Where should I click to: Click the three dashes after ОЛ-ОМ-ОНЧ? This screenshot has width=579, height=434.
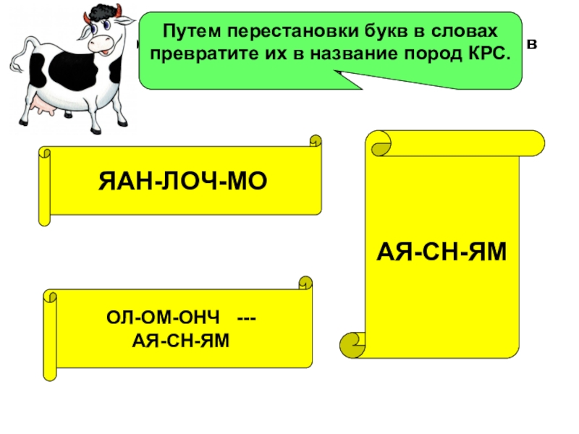pyautogui.click(x=247, y=319)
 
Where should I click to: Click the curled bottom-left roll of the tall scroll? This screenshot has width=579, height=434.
pyautogui.click(x=355, y=341)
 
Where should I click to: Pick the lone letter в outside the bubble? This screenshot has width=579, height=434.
pyautogui.click(x=533, y=45)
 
